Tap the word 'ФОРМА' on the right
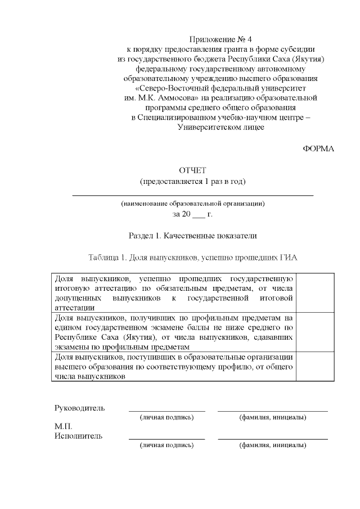[318, 148]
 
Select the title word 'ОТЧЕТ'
[193, 170]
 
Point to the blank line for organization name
[193, 194]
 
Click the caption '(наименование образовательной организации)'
[193, 204]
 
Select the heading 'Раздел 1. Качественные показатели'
[193, 235]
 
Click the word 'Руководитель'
[79, 408]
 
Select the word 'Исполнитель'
[78, 436]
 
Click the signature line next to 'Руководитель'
[167, 411]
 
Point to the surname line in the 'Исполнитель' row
[273, 439]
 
